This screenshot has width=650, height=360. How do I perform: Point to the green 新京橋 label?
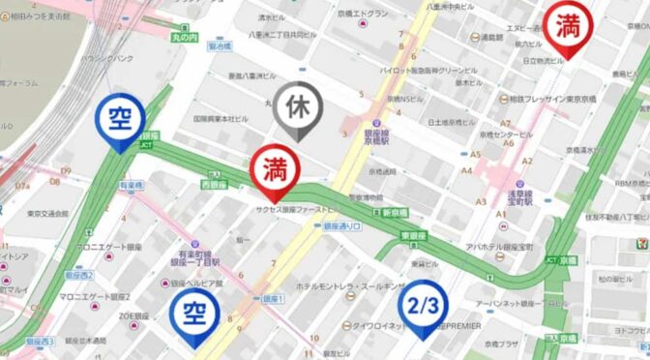click(393, 212)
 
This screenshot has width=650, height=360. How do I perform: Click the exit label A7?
click(505, 123)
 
